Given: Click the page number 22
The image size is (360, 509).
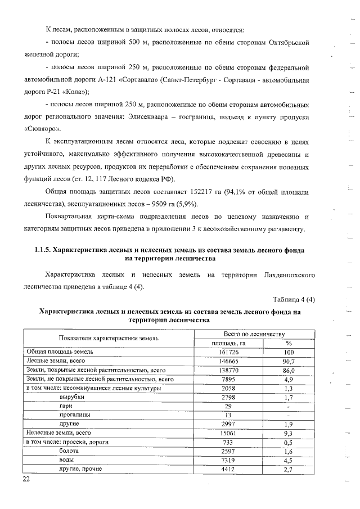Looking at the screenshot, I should click(26, 479).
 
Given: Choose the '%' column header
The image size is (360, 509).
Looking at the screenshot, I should click(289, 343).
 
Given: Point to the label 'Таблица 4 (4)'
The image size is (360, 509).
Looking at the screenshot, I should click(293, 299).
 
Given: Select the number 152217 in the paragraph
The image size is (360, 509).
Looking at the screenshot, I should click(206, 192).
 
